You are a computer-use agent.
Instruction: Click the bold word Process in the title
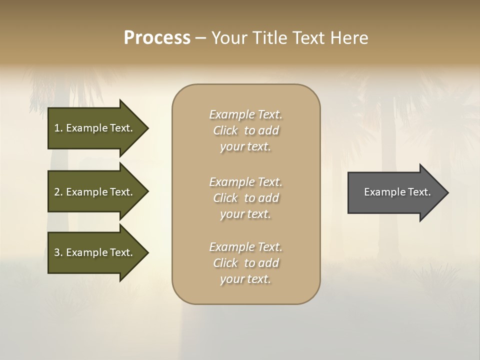point(157,38)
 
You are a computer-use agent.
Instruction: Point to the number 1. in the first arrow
point(58,128)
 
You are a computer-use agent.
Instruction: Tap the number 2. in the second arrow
point(58,192)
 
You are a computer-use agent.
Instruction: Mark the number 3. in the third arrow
point(58,252)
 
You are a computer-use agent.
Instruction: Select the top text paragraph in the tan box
point(245,130)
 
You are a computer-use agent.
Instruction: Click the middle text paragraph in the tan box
point(245,197)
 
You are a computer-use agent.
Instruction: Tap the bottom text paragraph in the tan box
point(245,262)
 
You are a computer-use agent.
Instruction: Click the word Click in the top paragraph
point(225,130)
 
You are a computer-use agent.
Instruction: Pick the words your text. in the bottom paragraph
point(245,279)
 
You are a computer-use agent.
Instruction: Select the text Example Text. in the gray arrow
point(397,192)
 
